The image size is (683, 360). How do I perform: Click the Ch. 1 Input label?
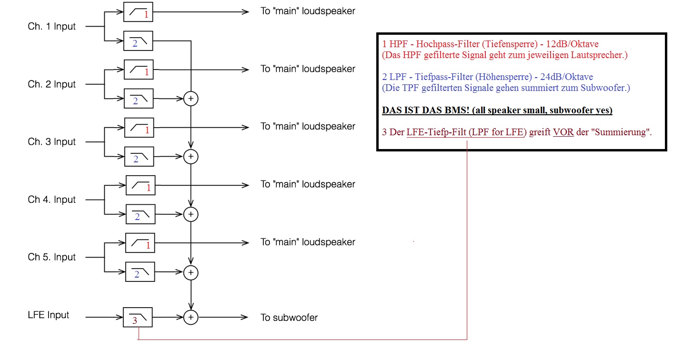click(51, 27)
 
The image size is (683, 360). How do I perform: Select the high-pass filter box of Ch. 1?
click(138, 12)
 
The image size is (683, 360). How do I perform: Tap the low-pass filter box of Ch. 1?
click(138, 41)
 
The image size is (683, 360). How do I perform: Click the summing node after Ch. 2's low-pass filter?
click(191, 99)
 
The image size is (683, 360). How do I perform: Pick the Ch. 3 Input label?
click(51, 142)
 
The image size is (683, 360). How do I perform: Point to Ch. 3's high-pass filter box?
click(139, 128)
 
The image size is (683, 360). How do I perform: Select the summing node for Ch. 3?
click(191, 157)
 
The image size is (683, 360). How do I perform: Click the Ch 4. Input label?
click(51, 200)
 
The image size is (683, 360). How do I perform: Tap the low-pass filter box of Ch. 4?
click(141, 214)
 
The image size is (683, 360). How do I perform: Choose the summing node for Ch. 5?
click(191, 272)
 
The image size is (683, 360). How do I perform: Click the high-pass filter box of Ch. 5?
click(140, 243)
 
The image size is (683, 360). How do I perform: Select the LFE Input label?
click(48, 315)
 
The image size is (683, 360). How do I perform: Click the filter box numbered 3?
click(138, 317)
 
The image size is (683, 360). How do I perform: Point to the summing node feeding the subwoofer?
click(191, 317)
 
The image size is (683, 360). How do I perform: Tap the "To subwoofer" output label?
click(289, 318)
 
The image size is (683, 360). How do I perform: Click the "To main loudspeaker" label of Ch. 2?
click(308, 69)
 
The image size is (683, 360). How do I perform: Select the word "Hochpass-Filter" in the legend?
click(448, 44)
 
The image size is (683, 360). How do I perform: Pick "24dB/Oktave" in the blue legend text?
click(566, 77)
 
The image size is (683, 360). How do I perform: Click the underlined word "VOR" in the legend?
click(563, 132)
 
